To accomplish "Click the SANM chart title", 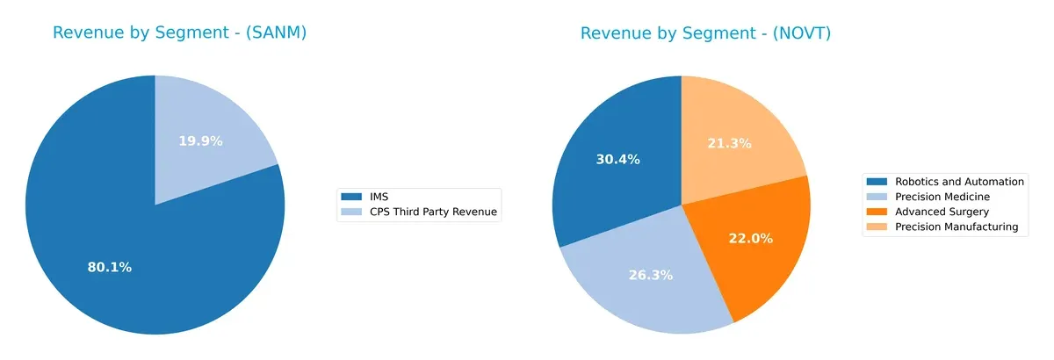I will coord(179,33).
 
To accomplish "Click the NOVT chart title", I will coord(705,33).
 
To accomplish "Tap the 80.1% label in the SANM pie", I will coord(110,267).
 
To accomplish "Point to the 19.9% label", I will coord(200,140).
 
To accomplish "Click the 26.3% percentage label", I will coord(651,275).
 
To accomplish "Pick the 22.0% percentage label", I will coord(751,239).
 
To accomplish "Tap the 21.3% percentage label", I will coord(730,143).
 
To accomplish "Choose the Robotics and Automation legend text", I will coord(959,182).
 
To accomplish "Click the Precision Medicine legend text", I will coord(942,197).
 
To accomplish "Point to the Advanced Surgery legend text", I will coord(942,212).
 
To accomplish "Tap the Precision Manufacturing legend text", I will coord(956,227).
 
